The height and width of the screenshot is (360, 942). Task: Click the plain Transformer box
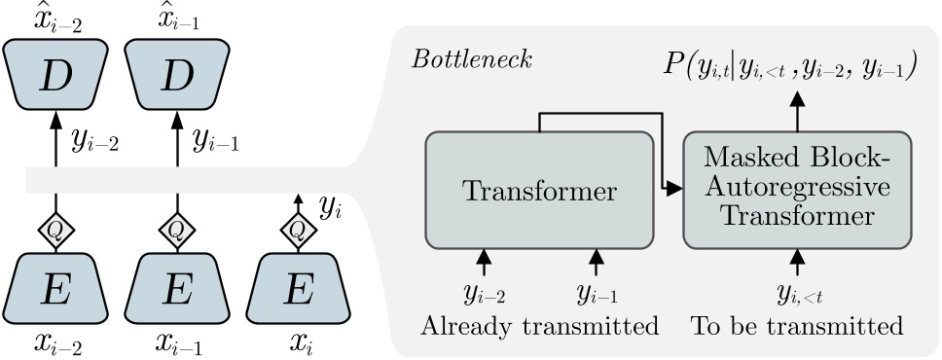click(x=539, y=192)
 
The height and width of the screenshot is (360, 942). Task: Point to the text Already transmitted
click(x=539, y=326)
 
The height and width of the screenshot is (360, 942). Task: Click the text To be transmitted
click(x=797, y=326)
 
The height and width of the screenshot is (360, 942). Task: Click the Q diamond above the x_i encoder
click(x=298, y=230)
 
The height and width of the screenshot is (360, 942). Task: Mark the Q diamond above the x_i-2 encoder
click(x=54, y=230)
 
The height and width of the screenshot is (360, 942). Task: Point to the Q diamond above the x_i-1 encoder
click(x=176, y=230)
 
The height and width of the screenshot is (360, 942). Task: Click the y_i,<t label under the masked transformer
click(x=797, y=294)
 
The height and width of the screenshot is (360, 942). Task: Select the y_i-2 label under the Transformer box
click(x=483, y=294)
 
